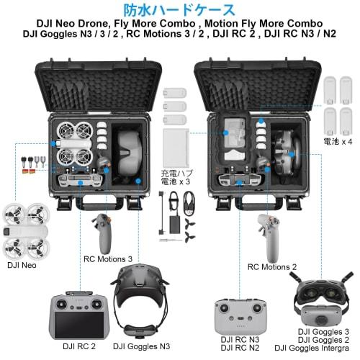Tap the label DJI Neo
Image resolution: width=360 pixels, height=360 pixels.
[22, 266]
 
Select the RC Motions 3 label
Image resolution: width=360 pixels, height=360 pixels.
[109, 258]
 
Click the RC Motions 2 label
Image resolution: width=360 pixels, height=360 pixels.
[273, 266]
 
